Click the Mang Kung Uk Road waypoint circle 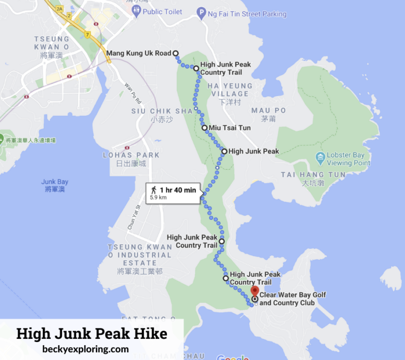pos(175,53)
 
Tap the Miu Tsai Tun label pos(226,128)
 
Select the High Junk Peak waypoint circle pos(224,151)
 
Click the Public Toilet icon pos(136,11)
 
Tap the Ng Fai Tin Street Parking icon pos(202,13)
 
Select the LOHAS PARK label pos(131,155)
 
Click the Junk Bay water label pos(55,185)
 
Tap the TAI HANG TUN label pos(313,175)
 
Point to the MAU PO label pos(268,111)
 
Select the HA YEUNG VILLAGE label pos(230,90)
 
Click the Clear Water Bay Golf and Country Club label pos(292,299)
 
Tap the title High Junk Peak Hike pos(91,333)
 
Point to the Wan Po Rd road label pos(132,91)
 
